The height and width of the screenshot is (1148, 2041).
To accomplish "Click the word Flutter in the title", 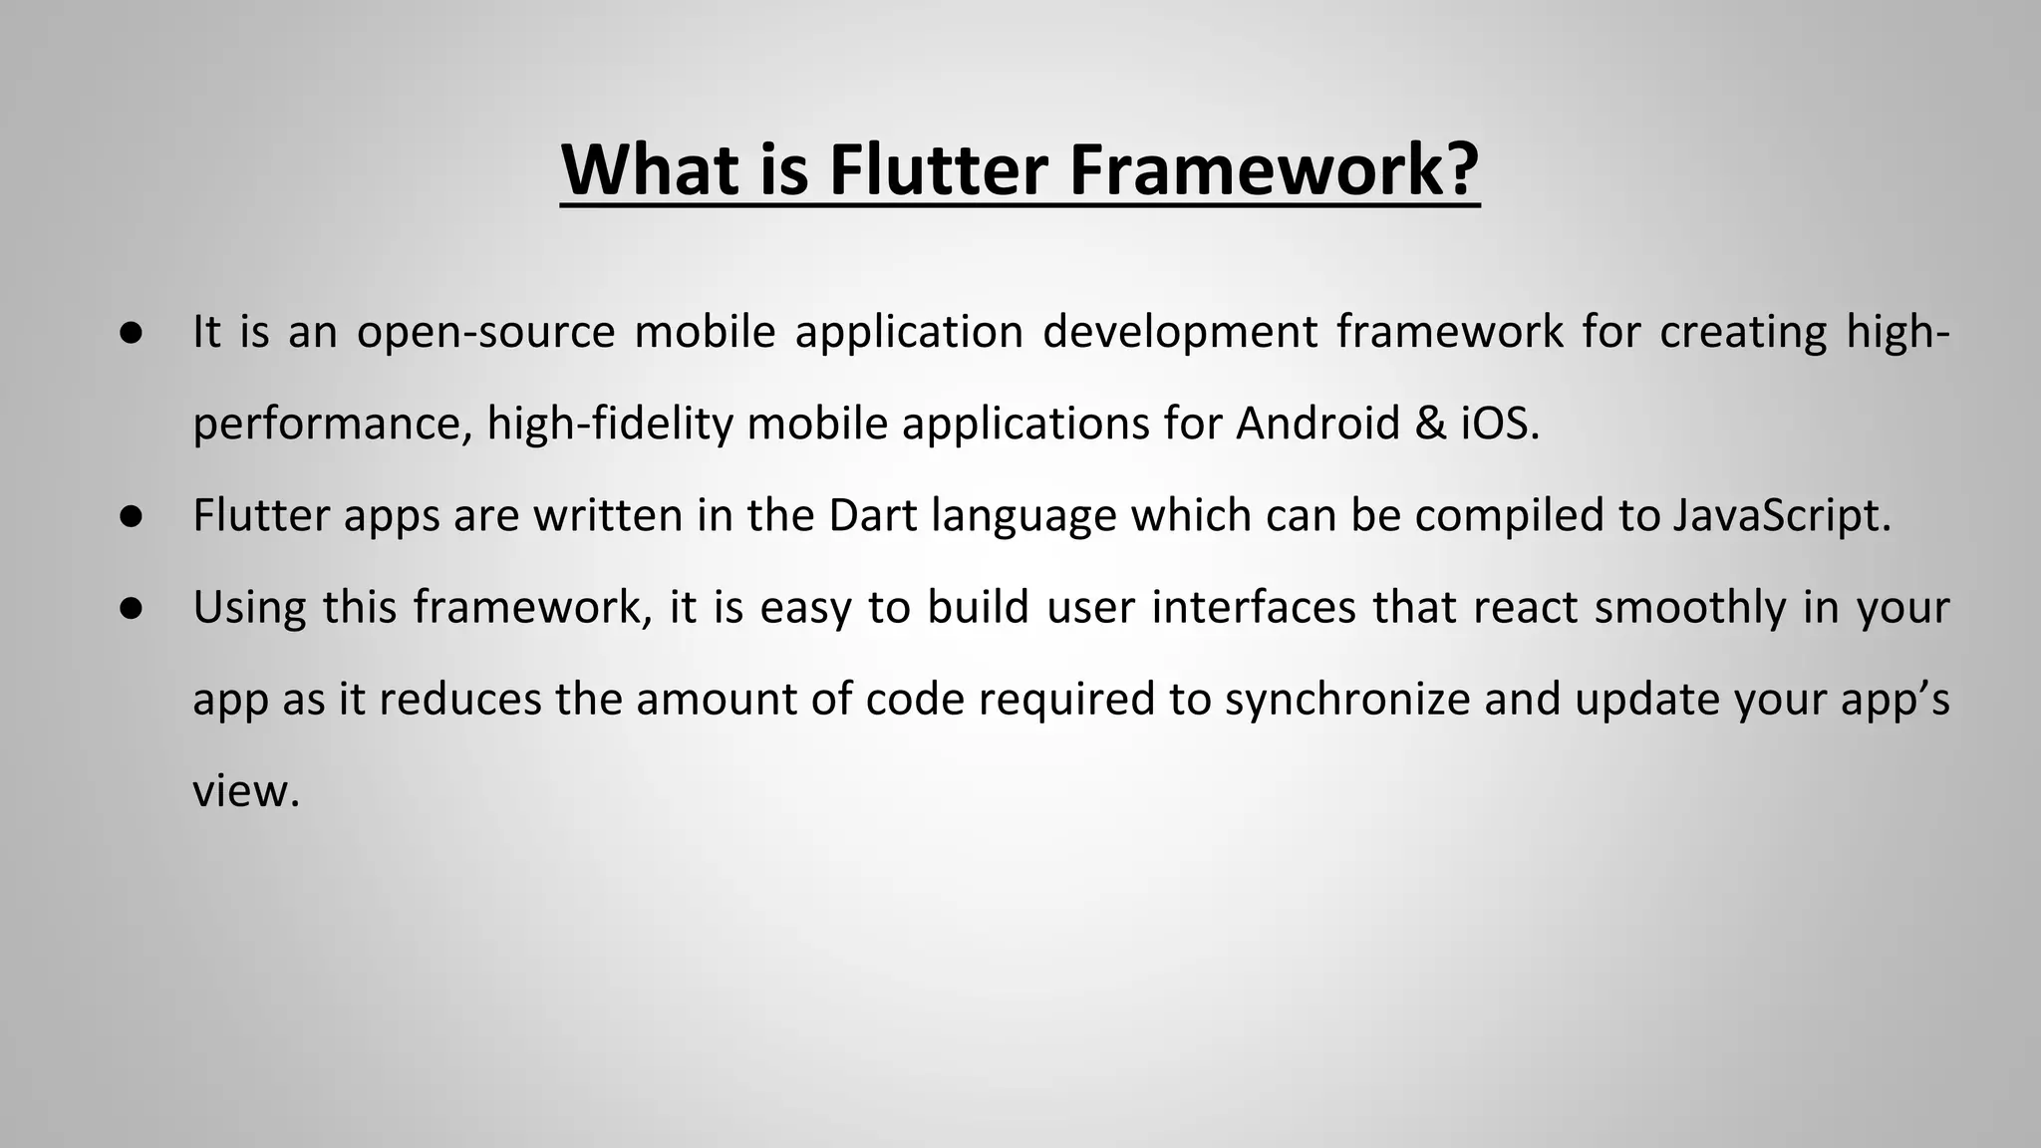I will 938,170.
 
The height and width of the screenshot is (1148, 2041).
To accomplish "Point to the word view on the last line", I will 245,791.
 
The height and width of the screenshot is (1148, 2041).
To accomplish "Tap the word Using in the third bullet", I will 249,608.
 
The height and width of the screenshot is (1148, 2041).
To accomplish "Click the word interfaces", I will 1254,608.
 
